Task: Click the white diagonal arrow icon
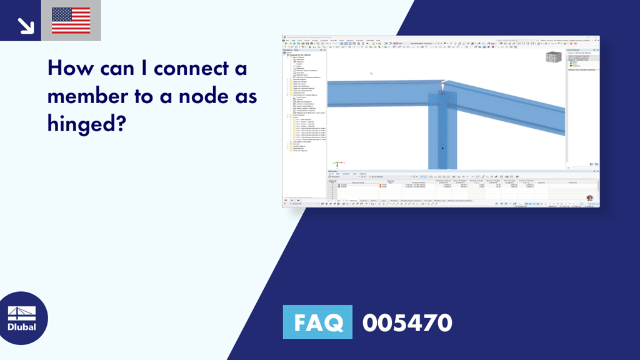coord(25,25)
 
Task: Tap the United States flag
coord(71,21)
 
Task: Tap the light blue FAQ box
coord(317,322)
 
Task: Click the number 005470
coord(407,322)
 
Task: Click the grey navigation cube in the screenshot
coord(552,57)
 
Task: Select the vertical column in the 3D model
coord(442,137)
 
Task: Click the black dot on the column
coord(442,148)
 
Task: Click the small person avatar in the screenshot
coord(589,198)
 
